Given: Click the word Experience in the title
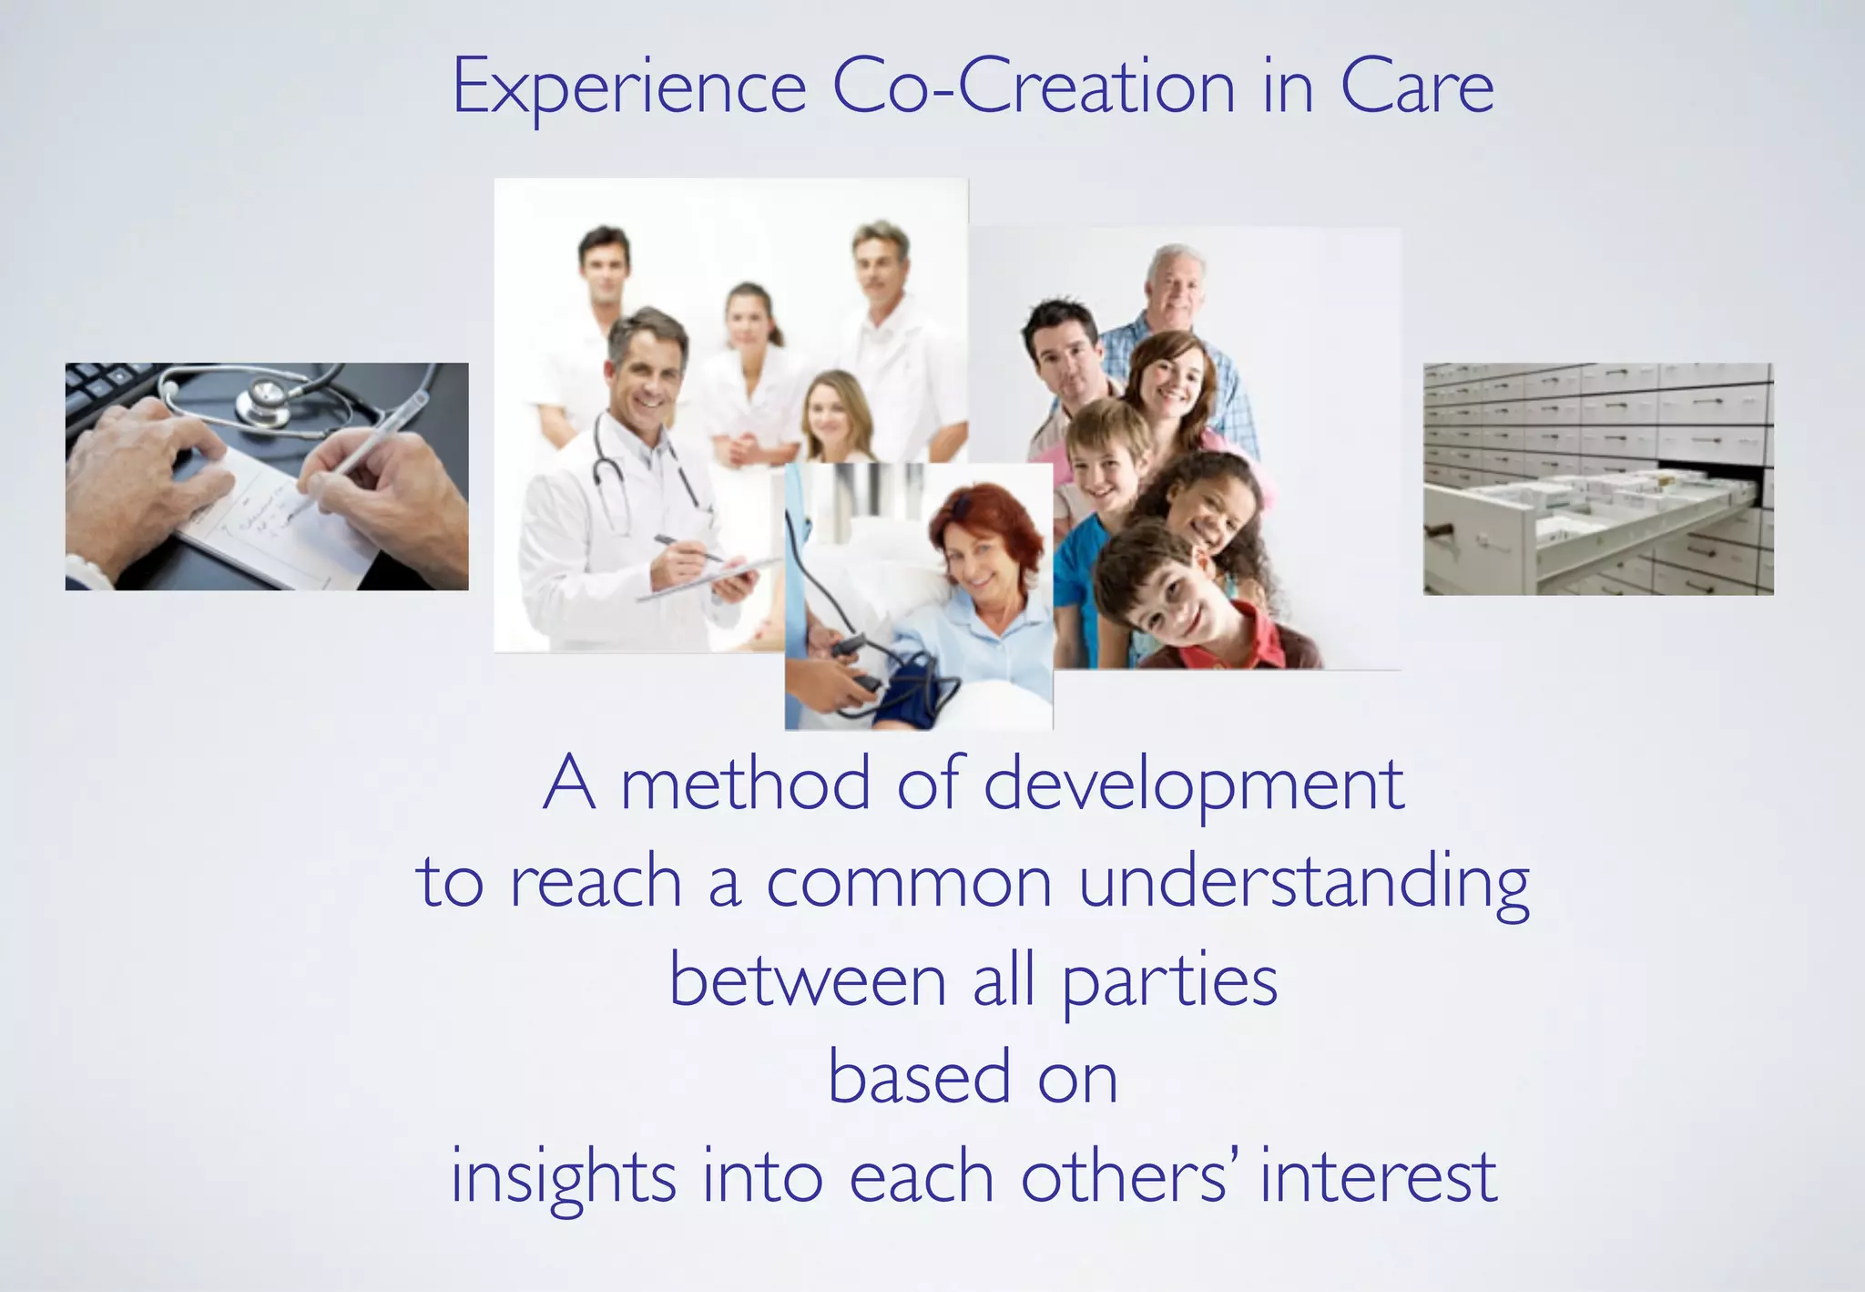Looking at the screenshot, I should pos(629,88).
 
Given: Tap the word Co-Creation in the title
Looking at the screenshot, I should pos(1034,87).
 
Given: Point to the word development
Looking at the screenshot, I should pos(1194,785).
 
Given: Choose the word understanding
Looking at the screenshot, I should pos(1304,884).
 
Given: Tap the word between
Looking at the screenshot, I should pos(808,981).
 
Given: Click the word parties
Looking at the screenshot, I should pos(1170,983).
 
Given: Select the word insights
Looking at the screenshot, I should pos(563,1177).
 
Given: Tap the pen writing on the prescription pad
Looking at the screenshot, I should pos(355,456).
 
